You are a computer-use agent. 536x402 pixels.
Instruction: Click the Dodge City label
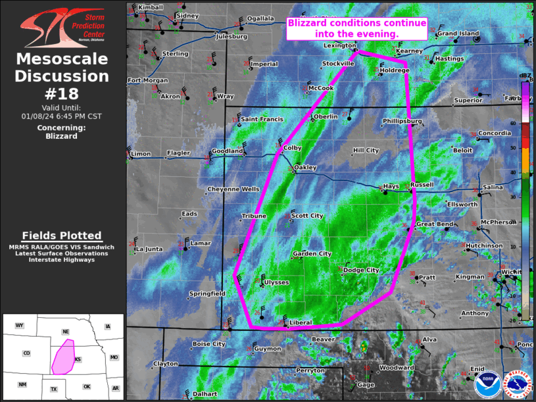(361, 270)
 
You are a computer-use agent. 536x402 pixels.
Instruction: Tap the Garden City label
(312, 253)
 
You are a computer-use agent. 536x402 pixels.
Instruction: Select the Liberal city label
(301, 322)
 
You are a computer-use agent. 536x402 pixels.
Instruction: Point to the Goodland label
(228, 151)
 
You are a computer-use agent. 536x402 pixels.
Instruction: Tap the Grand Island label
(458, 33)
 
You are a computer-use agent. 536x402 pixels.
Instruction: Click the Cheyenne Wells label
(233, 189)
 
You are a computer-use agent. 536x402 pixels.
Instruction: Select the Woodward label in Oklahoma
(397, 367)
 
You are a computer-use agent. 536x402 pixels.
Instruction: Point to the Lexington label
(339, 45)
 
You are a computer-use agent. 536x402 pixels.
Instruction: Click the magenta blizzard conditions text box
(356, 28)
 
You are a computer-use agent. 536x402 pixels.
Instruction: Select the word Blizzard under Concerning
(61, 136)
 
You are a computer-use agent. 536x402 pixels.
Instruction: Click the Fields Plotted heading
(62, 236)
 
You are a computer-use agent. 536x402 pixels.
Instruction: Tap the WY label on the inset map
(20, 326)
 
